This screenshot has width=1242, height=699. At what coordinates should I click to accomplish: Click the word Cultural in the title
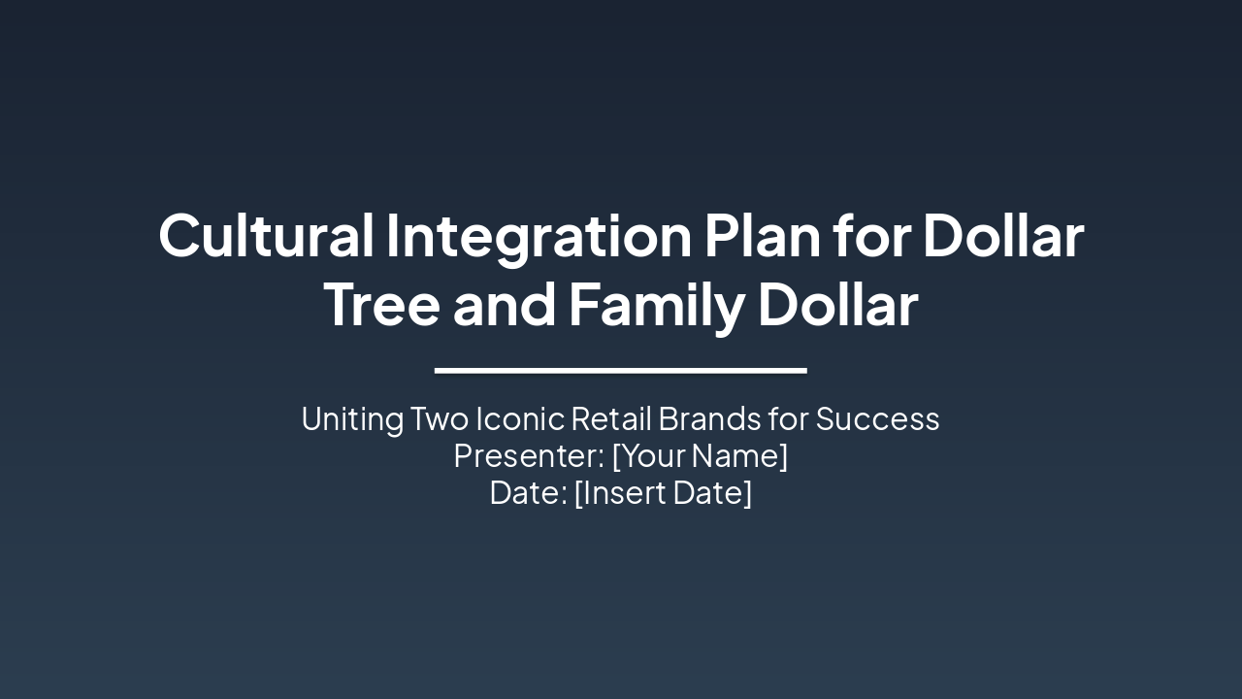click(x=266, y=236)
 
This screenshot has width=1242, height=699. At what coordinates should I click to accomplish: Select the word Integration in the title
click(x=539, y=236)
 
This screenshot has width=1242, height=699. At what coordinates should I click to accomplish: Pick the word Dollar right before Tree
click(x=1002, y=236)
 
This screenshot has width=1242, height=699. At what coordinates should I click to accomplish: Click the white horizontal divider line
click(x=620, y=370)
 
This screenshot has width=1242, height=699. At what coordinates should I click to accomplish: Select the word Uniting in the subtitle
click(x=352, y=419)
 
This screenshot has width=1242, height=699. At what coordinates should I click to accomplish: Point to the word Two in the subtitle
click(x=440, y=419)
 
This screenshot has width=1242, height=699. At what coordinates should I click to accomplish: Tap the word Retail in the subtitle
click(x=610, y=419)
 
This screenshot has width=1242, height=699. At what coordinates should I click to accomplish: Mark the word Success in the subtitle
click(x=877, y=419)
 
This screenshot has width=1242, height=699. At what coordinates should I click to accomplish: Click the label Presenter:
click(x=528, y=456)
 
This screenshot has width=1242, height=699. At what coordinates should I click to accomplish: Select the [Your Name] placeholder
click(x=700, y=456)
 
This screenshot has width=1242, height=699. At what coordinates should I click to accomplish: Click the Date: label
click(x=528, y=493)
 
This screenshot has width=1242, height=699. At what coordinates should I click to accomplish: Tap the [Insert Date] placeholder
click(x=663, y=493)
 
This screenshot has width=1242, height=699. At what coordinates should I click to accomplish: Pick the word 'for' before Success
click(x=788, y=419)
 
